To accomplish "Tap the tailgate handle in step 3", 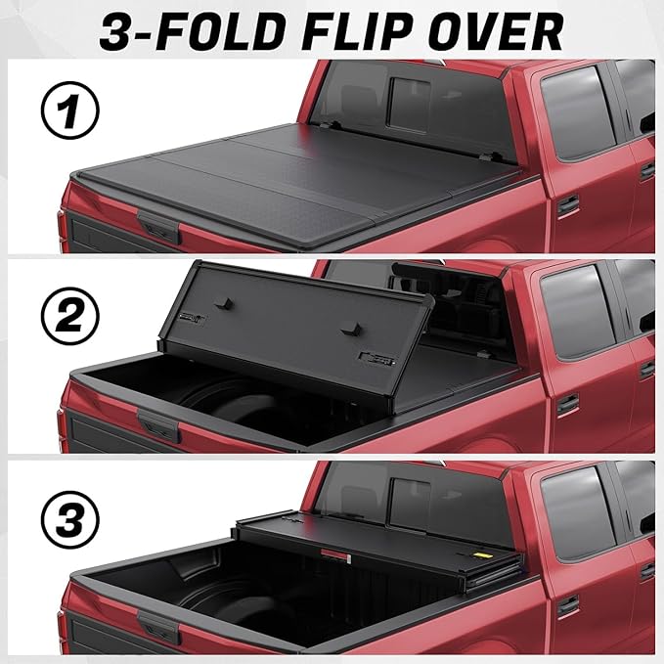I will [158, 626].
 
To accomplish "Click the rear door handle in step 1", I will [567, 205].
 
